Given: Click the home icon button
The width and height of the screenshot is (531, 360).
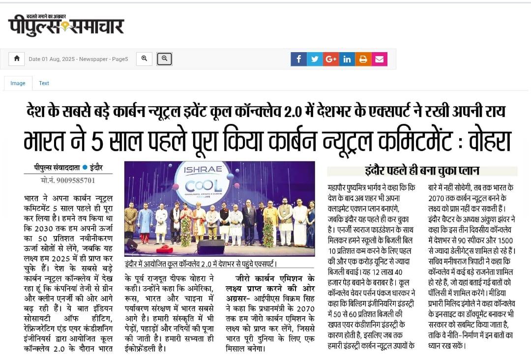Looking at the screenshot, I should click(x=17, y=59).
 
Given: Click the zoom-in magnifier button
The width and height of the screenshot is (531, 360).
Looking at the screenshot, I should click(x=144, y=59).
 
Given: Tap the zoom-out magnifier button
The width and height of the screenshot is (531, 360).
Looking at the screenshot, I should click(x=164, y=59).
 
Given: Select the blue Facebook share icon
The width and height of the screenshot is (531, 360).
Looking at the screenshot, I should click(x=298, y=59).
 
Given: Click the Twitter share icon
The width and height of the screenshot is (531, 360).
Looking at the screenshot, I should click(x=315, y=59).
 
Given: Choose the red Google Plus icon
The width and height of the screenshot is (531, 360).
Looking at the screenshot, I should click(x=331, y=59).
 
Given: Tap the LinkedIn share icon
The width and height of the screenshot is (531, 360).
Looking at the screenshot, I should click(x=347, y=59).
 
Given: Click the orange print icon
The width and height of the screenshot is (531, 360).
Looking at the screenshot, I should click(x=363, y=59).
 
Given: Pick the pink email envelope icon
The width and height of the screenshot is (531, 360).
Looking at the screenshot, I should click(x=380, y=59).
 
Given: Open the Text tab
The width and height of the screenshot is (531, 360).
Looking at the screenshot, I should click(x=44, y=83).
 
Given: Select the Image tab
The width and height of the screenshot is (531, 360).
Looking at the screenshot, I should click(x=18, y=83).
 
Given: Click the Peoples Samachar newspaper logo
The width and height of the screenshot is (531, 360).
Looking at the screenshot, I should click(x=66, y=25).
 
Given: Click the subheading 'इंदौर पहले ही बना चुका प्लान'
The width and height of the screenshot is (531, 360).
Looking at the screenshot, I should click(x=422, y=171).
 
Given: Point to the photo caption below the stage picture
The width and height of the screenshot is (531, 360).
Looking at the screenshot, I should click(x=201, y=264).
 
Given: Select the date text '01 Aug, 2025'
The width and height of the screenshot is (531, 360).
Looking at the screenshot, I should click(x=59, y=59).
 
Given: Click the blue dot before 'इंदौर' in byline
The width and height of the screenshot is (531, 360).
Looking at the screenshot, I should click(x=85, y=168).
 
